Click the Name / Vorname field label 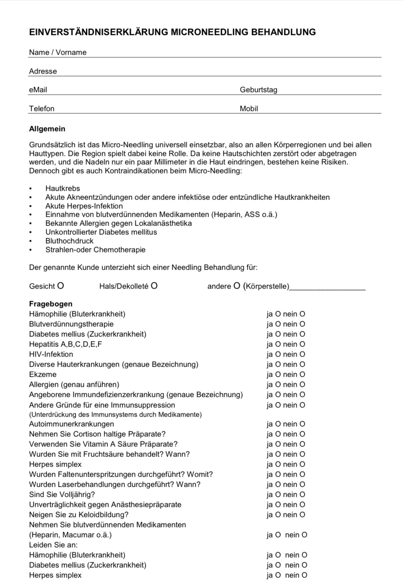pos(58,52)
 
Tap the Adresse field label pos(43,71)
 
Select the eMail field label pos(38,90)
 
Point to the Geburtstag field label pos(258,90)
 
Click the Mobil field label pos(249,109)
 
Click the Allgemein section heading pos(47,129)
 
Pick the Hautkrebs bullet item pos(63,189)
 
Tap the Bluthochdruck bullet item pos(69,241)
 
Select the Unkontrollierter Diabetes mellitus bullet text pos(101,232)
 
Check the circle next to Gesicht pos(60,286)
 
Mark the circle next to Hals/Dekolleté pos(154,286)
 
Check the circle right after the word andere pos(237,286)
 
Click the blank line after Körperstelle pos(327,287)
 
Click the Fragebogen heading pos(50,304)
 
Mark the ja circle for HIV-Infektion pos(278,354)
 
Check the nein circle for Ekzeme pos(302,375)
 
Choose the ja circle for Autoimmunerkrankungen pos(278,424)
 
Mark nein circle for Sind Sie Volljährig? pos(302,495)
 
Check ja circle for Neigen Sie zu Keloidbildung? pos(278,515)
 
